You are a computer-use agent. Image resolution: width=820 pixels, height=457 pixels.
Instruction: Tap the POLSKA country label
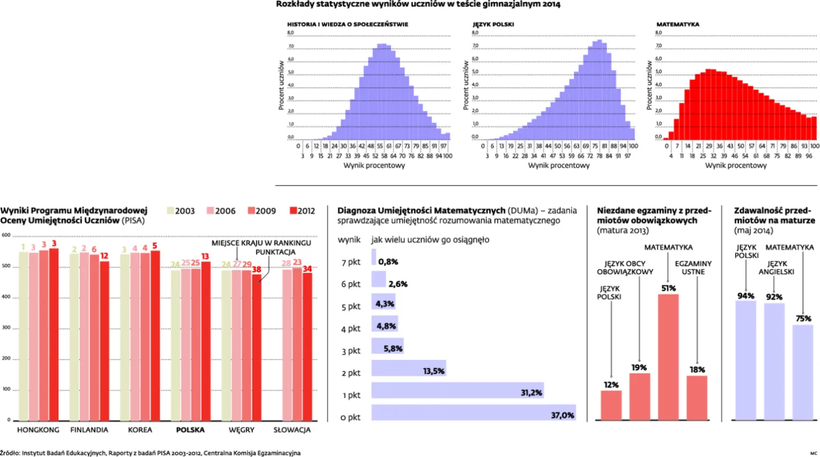[x=190, y=429]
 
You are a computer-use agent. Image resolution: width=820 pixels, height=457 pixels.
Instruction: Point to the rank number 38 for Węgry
[x=257, y=270]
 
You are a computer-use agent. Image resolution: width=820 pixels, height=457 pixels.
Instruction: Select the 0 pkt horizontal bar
[x=473, y=412]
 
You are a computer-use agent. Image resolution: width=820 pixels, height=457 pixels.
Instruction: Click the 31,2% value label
[x=531, y=393]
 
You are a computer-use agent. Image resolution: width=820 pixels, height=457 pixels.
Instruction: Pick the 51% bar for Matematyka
[x=668, y=357]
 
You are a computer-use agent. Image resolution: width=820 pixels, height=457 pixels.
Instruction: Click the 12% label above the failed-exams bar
[x=611, y=384]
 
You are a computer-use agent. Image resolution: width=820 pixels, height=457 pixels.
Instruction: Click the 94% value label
[x=746, y=296]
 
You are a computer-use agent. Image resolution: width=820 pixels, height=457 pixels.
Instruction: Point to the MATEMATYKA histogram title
[x=678, y=25]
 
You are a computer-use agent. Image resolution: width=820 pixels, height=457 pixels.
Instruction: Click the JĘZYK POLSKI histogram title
[x=493, y=25]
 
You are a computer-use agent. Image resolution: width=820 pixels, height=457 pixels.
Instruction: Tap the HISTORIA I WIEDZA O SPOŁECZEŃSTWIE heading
[x=347, y=25]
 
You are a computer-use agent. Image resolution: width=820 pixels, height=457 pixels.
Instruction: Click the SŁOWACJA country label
[x=292, y=429]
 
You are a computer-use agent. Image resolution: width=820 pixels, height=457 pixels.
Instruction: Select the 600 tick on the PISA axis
[x=6, y=236]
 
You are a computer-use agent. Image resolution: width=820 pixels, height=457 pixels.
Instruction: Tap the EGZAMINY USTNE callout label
[x=696, y=268]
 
